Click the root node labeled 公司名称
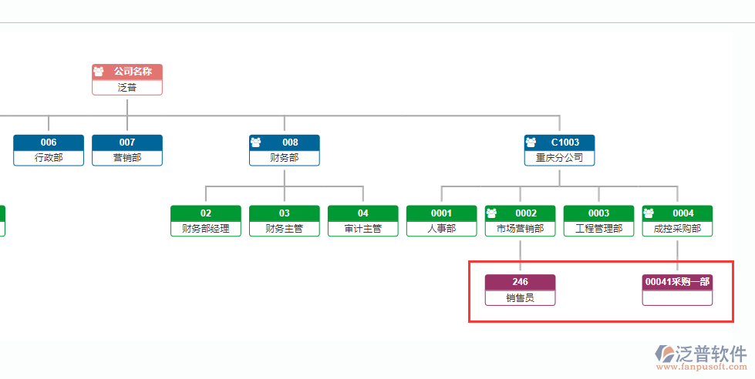click(x=127, y=72)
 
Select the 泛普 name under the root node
click(x=127, y=87)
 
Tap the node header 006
click(x=49, y=143)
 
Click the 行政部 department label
click(x=49, y=158)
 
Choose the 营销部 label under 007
click(x=127, y=158)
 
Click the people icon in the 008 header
click(x=256, y=143)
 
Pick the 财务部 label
click(x=284, y=158)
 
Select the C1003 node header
click(x=560, y=143)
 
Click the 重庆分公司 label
click(x=560, y=158)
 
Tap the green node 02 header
click(x=206, y=213)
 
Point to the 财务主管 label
click(x=285, y=229)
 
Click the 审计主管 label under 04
click(x=363, y=229)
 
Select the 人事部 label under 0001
click(x=442, y=229)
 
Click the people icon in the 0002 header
click(x=492, y=213)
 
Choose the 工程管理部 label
click(x=599, y=229)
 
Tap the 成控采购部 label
click(x=677, y=229)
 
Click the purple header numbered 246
click(x=520, y=282)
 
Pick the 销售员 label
click(x=520, y=297)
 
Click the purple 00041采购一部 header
click(x=677, y=282)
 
